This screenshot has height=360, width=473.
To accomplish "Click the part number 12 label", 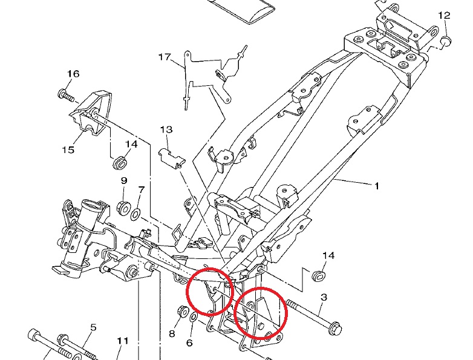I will pos(444,15).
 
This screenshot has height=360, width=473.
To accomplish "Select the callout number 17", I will pos(165,57).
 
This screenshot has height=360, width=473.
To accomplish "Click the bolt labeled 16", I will pos(65,95).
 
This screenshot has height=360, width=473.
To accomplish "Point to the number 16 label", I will pos(73,74).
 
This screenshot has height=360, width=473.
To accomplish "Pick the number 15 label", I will pos(67,149).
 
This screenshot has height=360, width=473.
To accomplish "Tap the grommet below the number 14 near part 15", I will pos(120,163).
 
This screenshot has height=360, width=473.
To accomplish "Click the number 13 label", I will pos(166,130).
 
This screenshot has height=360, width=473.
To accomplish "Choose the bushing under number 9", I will pos(123,208).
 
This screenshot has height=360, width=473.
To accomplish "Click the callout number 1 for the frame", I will pos(376,186).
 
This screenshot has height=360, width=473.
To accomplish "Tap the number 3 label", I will pos(323,297).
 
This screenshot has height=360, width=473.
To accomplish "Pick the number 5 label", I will pos(93,327).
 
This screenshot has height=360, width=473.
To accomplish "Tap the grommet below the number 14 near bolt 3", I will pos(317,275).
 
